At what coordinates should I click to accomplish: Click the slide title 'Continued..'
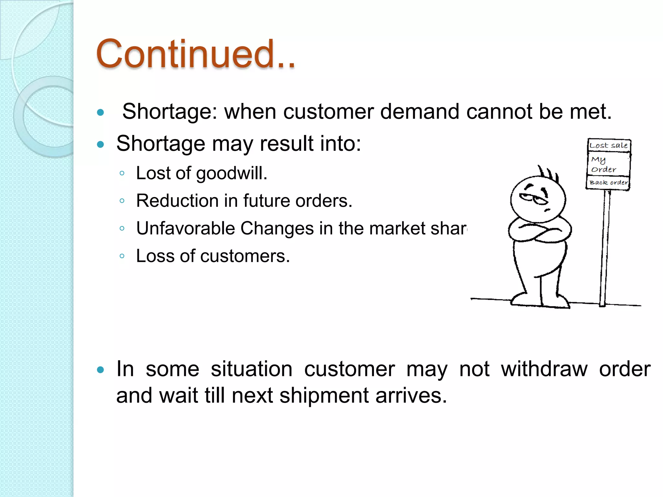196,54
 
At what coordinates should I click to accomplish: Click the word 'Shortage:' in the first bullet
170,112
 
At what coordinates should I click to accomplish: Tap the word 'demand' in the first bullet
420,112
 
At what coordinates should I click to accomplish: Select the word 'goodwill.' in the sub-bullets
232,173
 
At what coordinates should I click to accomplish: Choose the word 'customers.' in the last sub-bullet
245,256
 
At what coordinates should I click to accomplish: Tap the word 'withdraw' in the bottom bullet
544,369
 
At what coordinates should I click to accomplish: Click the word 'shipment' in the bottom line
324,396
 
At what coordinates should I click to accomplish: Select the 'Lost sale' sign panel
609,145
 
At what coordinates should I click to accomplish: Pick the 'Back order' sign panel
608,182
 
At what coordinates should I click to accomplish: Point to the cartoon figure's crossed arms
540,230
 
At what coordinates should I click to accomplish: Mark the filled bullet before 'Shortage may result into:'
101,144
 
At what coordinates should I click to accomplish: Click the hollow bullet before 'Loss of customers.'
122,256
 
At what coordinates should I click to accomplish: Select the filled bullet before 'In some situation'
101,370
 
